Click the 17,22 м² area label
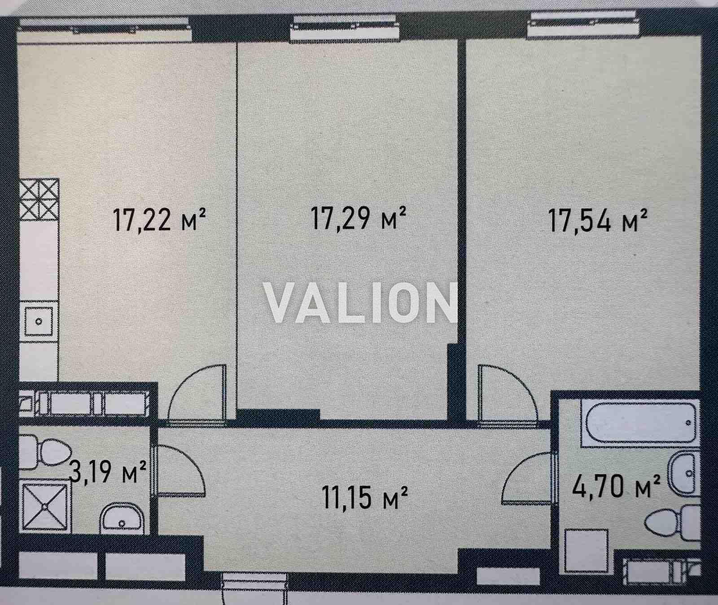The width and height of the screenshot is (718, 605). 160,220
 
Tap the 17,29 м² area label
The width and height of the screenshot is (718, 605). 359,218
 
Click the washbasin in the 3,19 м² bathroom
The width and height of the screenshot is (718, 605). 121,520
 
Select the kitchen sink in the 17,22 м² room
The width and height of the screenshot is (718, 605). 39,321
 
